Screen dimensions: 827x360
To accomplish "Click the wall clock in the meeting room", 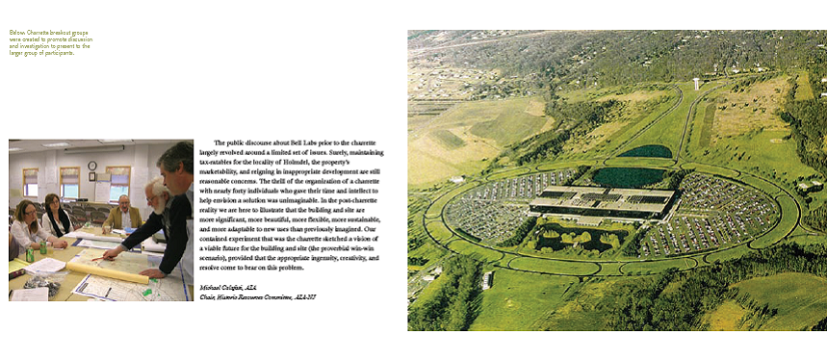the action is (x=92, y=165).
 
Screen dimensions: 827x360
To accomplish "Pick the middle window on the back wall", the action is (x=69, y=181).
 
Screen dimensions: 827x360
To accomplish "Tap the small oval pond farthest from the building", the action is (x=644, y=151).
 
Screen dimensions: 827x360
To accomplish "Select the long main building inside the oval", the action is (x=602, y=199).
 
